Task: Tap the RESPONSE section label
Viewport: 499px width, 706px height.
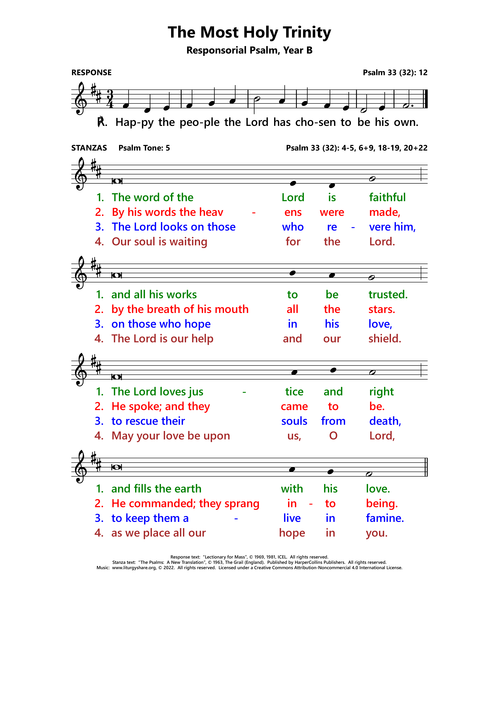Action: pyautogui.click(x=91, y=73)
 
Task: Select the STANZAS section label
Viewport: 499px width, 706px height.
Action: pyautogui.click(x=89, y=148)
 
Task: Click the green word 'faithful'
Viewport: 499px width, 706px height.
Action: pyautogui.click(x=387, y=197)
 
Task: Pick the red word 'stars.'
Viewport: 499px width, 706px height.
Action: pyautogui.click(x=382, y=309)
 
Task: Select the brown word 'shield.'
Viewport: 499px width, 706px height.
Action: pyautogui.click(x=385, y=339)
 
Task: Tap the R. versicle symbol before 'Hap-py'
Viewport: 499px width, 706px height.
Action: pyautogui.click(x=102, y=122)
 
